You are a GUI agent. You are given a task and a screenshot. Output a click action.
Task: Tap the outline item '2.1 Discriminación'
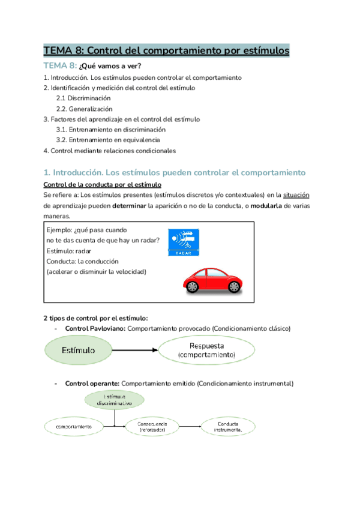pyautogui.click(x=83, y=98)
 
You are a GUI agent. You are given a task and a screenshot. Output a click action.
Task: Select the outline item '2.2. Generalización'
pyautogui.click(x=85, y=109)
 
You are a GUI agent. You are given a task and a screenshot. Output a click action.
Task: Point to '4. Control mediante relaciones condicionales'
pyautogui.click(x=110, y=150)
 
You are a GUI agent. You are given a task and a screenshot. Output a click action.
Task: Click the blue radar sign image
pyautogui.click(x=184, y=242)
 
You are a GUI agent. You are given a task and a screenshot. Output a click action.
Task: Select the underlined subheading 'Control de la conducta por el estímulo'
pyautogui.click(x=102, y=184)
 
